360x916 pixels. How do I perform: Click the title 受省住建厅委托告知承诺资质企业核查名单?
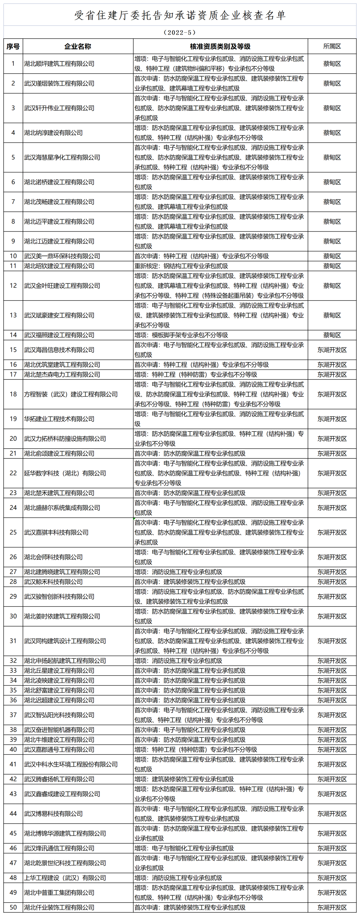[180, 15]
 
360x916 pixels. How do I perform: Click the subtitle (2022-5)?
[180, 32]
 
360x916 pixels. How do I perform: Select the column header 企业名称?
[78, 46]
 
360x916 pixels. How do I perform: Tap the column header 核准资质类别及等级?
[220, 46]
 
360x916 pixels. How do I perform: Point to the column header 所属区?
[332, 46]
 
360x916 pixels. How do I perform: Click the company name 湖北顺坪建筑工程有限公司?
[59, 64]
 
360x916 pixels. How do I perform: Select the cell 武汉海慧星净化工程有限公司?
[62, 158]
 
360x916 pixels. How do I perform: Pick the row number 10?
[13, 256]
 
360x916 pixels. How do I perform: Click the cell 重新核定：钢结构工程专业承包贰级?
[181, 266]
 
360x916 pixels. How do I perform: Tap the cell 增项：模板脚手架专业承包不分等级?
[181, 335]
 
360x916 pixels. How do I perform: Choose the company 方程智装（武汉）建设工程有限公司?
[71, 394]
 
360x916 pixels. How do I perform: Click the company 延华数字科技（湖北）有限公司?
[65, 473]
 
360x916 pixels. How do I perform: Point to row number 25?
[13, 532]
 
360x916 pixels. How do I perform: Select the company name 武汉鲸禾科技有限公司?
[53, 582]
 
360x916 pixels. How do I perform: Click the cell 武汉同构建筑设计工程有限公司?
[65, 641]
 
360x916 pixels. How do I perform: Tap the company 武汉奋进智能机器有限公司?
[59, 730]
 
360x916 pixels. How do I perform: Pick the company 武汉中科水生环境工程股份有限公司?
[71, 764]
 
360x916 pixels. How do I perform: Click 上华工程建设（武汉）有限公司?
[65, 878]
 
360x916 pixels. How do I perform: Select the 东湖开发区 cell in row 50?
[332, 907]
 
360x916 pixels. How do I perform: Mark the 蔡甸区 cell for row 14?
[332, 335]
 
